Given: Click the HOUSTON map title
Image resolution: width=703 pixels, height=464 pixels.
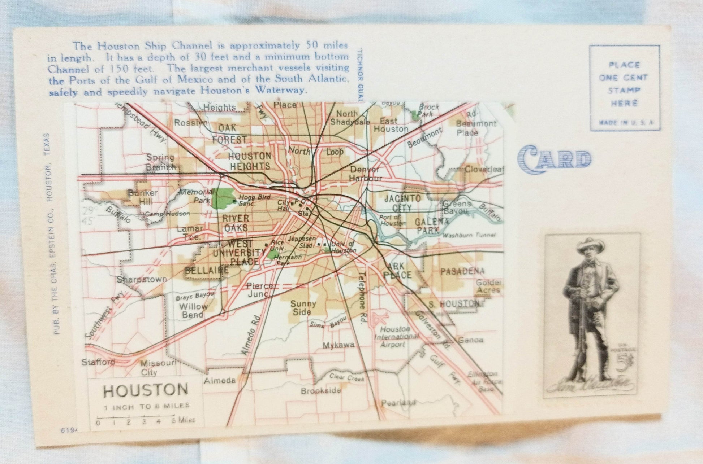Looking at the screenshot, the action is (x=146, y=390).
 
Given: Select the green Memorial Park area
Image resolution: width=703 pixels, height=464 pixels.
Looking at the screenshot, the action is (x=224, y=198).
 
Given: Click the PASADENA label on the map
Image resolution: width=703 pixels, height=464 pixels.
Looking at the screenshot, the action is (x=462, y=271).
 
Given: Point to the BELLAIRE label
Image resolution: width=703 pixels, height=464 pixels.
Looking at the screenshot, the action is (x=207, y=270).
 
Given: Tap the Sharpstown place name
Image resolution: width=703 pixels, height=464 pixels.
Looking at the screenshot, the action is (x=142, y=279).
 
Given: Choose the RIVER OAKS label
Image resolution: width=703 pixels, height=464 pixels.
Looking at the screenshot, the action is (x=236, y=223).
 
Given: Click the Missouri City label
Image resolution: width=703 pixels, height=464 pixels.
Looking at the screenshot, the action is (x=156, y=367).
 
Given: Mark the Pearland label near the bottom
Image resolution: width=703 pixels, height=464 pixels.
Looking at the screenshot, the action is (x=398, y=402).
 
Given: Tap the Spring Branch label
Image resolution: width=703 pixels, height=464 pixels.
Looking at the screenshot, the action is (x=161, y=162).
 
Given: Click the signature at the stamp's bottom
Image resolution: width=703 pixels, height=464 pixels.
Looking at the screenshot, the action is (x=590, y=385).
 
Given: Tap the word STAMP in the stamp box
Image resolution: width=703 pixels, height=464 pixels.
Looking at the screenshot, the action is (x=624, y=90).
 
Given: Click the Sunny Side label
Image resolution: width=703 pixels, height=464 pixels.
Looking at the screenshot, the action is (x=303, y=307).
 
